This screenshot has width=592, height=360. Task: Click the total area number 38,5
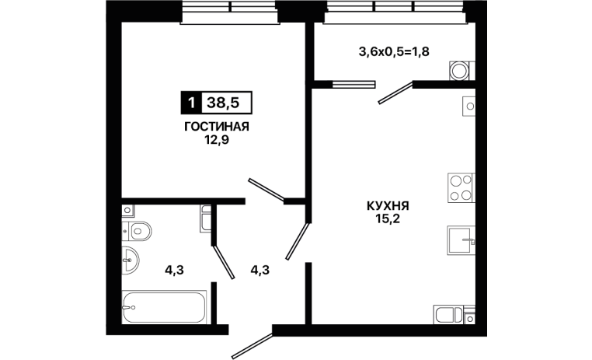click(x=223, y=103)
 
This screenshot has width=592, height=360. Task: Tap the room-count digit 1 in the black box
click(x=192, y=103)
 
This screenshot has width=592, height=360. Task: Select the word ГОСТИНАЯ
click(x=217, y=127)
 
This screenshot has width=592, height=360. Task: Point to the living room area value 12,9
click(x=217, y=140)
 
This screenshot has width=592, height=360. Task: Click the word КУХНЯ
click(x=388, y=206)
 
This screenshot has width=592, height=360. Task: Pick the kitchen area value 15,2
click(x=388, y=219)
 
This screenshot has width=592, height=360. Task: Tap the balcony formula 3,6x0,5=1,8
click(x=394, y=51)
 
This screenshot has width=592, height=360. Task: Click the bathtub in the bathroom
click(x=164, y=307)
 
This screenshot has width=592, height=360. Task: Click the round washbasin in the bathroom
click(x=130, y=260)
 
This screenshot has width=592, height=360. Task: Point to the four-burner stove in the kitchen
click(x=461, y=187)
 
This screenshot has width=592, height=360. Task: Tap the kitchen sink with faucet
click(x=461, y=240)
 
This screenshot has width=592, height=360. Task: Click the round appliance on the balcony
click(x=459, y=71)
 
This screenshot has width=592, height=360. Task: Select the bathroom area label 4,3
click(x=175, y=270)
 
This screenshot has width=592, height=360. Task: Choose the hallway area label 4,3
click(x=260, y=270)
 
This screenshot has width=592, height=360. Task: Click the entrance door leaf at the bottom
click(x=252, y=346)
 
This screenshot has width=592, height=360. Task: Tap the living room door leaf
click(x=266, y=189)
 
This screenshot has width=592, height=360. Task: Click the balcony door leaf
click(x=395, y=93)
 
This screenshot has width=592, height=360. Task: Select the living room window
click(x=230, y=12)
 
